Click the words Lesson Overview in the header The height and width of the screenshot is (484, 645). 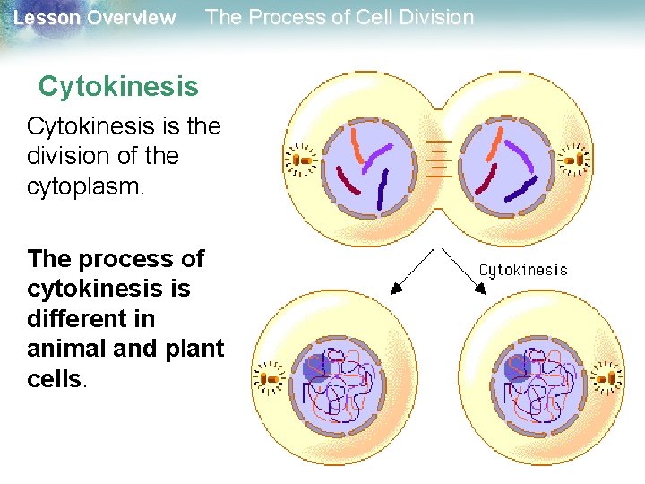coord(95,18)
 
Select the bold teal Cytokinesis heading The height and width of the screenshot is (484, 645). coord(118,87)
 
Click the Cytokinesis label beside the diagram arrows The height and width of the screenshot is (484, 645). coord(523,269)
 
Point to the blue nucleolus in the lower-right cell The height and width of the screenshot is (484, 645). coord(517,367)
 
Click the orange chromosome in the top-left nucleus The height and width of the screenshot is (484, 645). coord(358,145)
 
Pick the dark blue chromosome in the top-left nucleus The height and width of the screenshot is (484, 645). coord(383,188)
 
